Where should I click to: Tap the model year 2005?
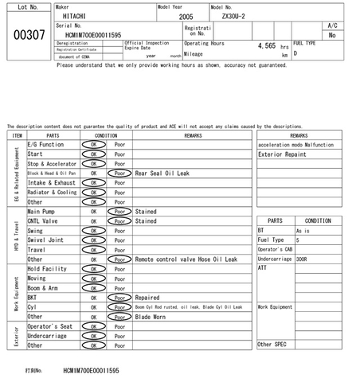[x=186, y=16]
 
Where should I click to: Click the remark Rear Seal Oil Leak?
[x=162, y=173]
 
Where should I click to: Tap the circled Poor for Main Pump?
[x=120, y=212]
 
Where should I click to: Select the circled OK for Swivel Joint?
[x=94, y=240]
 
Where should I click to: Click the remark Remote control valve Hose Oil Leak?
[x=186, y=259]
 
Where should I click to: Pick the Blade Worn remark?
[x=151, y=316]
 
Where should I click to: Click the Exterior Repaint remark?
[x=282, y=154]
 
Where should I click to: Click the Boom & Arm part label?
[x=45, y=288]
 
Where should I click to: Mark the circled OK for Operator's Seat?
[x=94, y=327]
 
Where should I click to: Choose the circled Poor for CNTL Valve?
[x=120, y=221]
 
